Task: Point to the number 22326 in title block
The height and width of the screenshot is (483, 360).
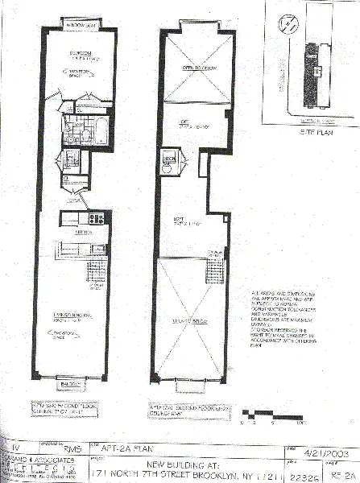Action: pyautogui.click(x=300, y=476)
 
